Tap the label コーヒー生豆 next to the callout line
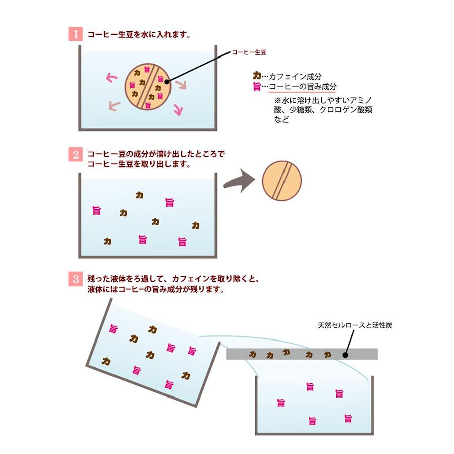tap(249, 52)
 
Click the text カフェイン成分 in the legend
tap(295, 76)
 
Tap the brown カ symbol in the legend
tap(257, 75)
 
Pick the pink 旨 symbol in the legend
tap(257, 86)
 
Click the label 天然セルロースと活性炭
tap(355, 325)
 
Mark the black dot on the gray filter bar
tap(346, 355)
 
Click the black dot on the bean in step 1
tap(167, 81)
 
